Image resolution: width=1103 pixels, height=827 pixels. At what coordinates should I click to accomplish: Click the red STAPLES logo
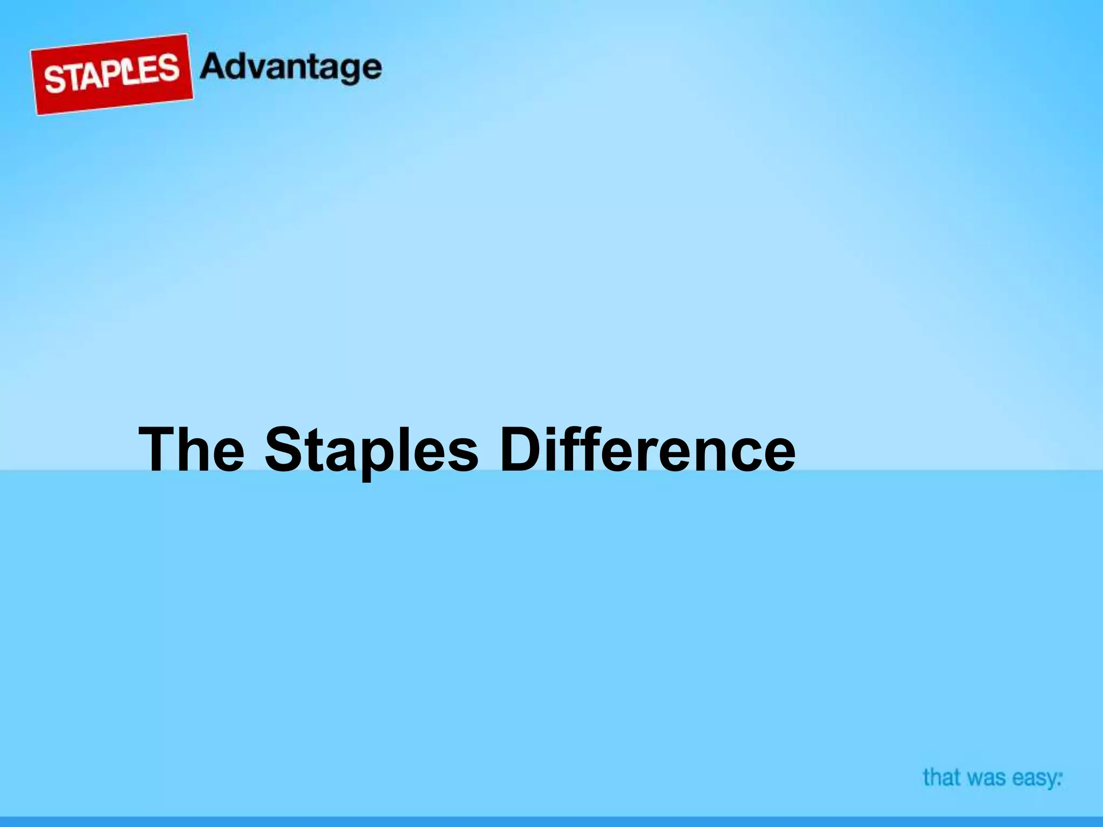pos(111,74)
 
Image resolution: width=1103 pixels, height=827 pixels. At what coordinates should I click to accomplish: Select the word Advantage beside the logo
pos(291,69)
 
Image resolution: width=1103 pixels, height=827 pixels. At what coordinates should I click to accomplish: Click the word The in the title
pos(191,449)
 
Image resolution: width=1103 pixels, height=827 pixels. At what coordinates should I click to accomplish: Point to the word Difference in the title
pos(647,449)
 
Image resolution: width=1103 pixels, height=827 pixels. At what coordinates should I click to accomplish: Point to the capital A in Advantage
pos(214,67)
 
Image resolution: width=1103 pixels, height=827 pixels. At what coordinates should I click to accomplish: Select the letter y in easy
pos(1051,781)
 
